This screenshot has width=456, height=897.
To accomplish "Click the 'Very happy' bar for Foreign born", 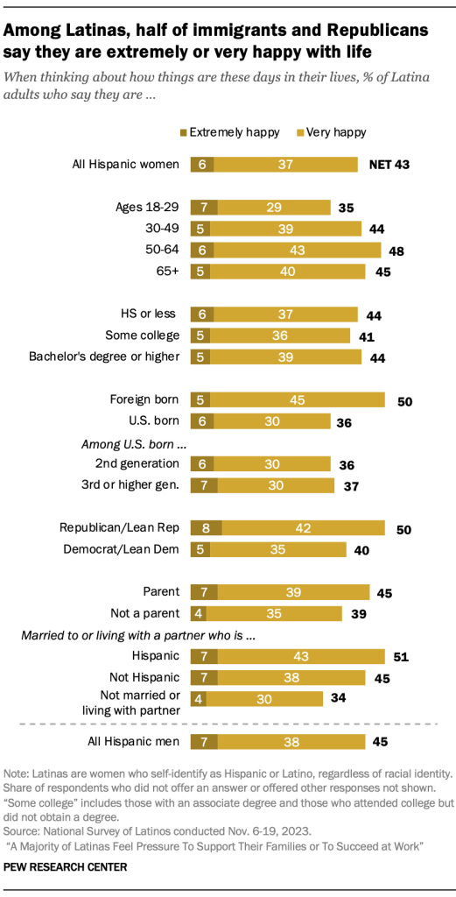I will (297, 401).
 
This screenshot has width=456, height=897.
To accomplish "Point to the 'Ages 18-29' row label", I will (147, 208).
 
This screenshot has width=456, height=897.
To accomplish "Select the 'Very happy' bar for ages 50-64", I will (297, 250).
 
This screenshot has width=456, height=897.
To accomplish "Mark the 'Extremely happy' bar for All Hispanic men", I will (202, 743).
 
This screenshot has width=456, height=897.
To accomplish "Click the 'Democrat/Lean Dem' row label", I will (120, 549).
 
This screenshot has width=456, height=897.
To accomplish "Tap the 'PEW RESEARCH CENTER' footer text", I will (65, 866).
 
